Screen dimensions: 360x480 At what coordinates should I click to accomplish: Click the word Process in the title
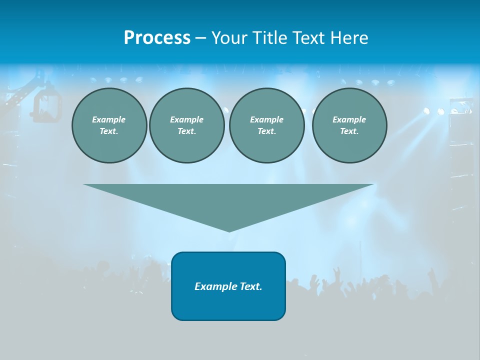pos(157,38)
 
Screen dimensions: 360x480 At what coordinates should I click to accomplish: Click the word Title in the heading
pos(270,38)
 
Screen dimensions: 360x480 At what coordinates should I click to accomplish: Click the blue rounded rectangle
pos(228,305)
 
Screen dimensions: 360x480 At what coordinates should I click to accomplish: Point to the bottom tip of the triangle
pos(229,230)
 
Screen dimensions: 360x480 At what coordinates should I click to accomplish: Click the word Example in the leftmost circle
pos(109,119)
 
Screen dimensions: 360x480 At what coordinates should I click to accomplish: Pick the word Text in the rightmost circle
pos(349,131)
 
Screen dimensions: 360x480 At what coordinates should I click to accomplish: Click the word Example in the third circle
pos(266,119)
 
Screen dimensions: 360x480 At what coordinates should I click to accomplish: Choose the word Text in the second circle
pos(186,131)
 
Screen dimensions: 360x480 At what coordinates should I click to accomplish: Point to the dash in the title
pos(200,38)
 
